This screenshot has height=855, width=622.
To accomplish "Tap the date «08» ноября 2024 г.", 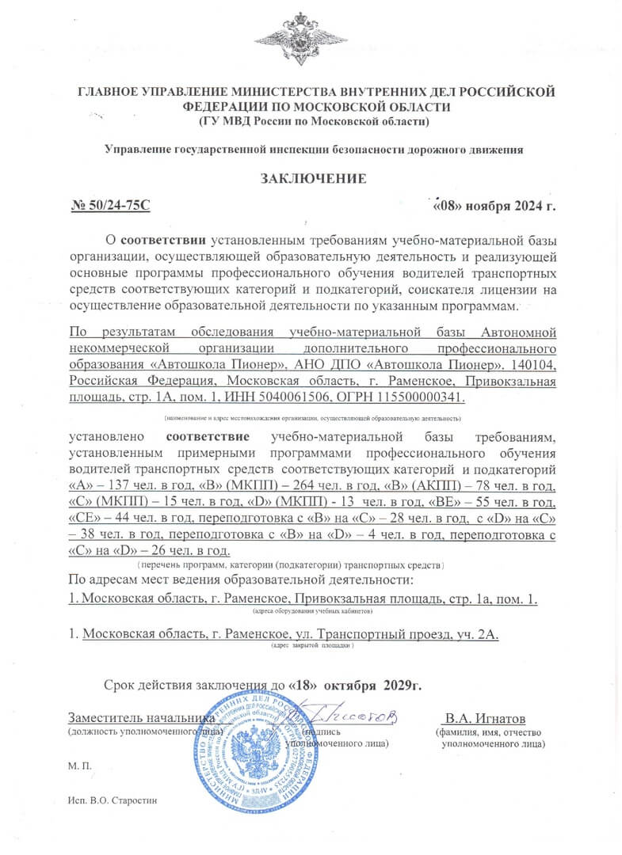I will [494, 206].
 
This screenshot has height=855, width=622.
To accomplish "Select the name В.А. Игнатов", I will [485, 719].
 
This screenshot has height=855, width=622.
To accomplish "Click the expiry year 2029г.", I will [401, 685].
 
